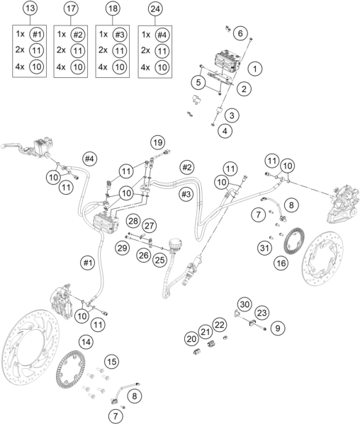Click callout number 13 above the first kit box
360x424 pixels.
pyautogui.click(x=30, y=8)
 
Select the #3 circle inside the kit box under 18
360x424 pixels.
pyautogui.click(x=119, y=35)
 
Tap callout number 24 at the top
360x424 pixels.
pyautogui.click(x=155, y=9)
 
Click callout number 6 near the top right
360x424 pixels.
pyautogui.click(x=240, y=33)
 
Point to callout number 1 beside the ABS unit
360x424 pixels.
pyautogui.click(x=254, y=69)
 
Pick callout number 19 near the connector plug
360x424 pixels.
pyautogui.click(x=158, y=142)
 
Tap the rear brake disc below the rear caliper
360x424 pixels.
pyautogui.click(x=322, y=258)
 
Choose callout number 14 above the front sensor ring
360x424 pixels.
pyautogui.click(x=86, y=342)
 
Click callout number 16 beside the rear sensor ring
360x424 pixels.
pyautogui.click(x=281, y=263)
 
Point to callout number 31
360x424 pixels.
pyautogui.click(x=264, y=248)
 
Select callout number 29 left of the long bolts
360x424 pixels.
pyautogui.click(x=122, y=248)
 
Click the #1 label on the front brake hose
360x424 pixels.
pyautogui.click(x=88, y=263)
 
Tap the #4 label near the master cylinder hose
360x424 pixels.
pyautogui.click(x=89, y=159)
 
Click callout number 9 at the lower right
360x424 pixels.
pyautogui.click(x=278, y=328)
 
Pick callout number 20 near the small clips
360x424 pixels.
pyautogui.click(x=191, y=339)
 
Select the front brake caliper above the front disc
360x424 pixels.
pyautogui.click(x=62, y=301)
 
